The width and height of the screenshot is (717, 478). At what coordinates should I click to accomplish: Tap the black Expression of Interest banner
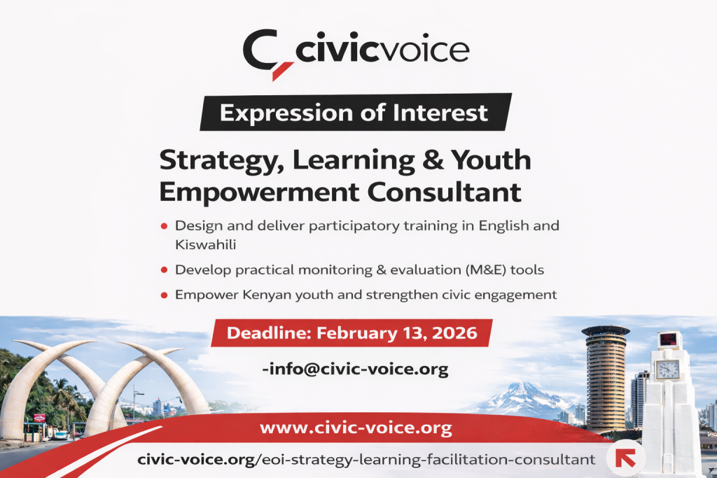click(355, 112)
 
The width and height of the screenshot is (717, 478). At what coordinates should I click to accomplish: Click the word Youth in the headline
click(489, 160)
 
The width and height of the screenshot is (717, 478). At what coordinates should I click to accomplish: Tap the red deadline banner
click(351, 332)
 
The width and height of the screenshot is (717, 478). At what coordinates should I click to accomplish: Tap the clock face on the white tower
click(667, 368)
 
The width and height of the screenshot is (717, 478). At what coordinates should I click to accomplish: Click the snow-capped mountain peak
click(519, 386)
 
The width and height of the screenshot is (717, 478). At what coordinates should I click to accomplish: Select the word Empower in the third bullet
click(204, 295)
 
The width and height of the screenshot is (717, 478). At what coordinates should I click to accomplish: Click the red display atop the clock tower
click(669, 340)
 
